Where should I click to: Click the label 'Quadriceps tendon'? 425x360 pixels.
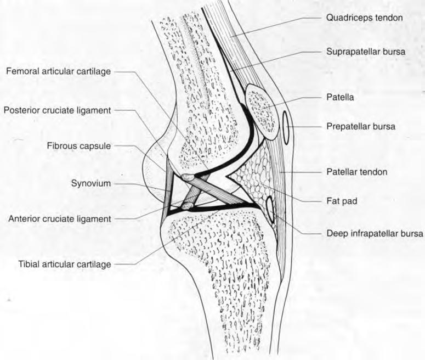tap(364, 17)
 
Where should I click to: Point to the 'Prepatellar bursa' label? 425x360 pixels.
tap(360, 126)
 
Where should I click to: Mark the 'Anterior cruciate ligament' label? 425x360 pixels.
tap(60, 218)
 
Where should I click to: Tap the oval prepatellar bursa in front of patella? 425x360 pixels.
tap(287, 126)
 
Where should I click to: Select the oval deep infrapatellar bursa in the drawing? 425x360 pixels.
tap(270, 209)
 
